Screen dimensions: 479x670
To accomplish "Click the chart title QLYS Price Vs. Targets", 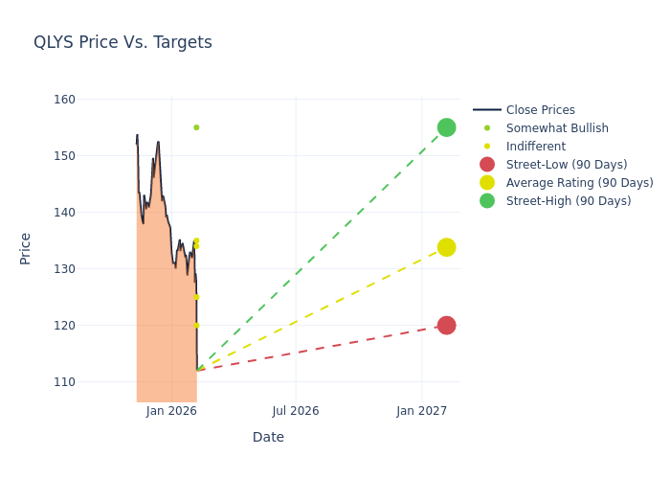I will pos(123,43).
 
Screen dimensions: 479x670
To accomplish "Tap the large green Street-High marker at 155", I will pos(446,127).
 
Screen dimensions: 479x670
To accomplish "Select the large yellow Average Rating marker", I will pos(446,247).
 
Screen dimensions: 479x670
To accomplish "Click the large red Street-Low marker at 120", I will pos(446,326).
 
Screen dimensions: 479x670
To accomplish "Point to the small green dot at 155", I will pos(196,127).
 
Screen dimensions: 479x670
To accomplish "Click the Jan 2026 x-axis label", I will pos(171,411).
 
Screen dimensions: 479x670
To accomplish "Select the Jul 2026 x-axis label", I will pos(296,411).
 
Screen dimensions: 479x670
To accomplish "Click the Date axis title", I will pos(268,438).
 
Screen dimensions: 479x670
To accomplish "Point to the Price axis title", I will pos(26,248).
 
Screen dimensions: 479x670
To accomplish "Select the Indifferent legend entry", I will pos(535,147).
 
